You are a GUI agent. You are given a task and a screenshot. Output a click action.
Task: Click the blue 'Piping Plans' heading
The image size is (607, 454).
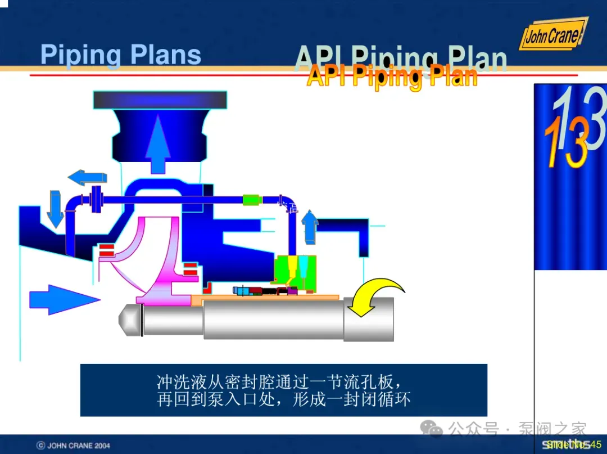click(x=121, y=55)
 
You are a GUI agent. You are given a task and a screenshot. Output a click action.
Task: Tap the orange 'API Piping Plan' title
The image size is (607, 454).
click(x=392, y=76)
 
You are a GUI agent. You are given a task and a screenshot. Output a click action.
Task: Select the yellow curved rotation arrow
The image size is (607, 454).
click(x=374, y=295)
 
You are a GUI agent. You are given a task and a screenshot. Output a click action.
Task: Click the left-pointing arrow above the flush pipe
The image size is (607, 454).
click(x=87, y=178)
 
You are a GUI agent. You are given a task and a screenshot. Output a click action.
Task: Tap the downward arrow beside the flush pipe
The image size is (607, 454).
click(x=55, y=208)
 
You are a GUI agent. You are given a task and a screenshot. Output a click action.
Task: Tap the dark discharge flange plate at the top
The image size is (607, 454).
click(x=160, y=100)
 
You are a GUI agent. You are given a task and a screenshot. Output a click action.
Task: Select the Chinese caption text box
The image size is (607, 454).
click(x=283, y=390)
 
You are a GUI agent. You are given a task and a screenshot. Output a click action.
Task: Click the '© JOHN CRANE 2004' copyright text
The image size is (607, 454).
click(x=74, y=446)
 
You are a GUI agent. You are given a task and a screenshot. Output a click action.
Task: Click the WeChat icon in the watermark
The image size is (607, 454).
click(x=432, y=429)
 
